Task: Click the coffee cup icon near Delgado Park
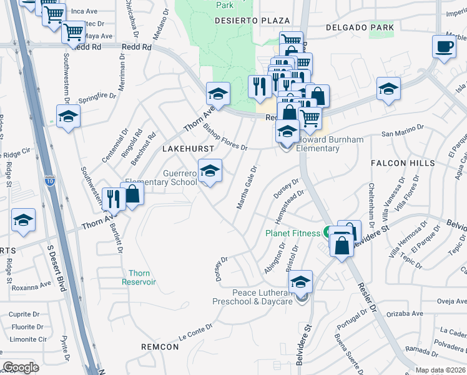click(x=444, y=47)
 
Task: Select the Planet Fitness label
click(x=293, y=233)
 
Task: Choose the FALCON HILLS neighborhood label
click(x=403, y=163)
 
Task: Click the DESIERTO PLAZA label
click(x=245, y=21)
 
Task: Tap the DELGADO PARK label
click(x=360, y=27)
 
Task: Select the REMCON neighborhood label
click(x=160, y=346)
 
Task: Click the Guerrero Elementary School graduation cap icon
click(x=210, y=171)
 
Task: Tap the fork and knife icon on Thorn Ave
click(x=113, y=198)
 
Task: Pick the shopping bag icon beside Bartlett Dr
click(x=132, y=194)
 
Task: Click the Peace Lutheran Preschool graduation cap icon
click(x=300, y=282)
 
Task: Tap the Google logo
click(x=21, y=367)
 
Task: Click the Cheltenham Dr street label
click(x=371, y=200)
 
